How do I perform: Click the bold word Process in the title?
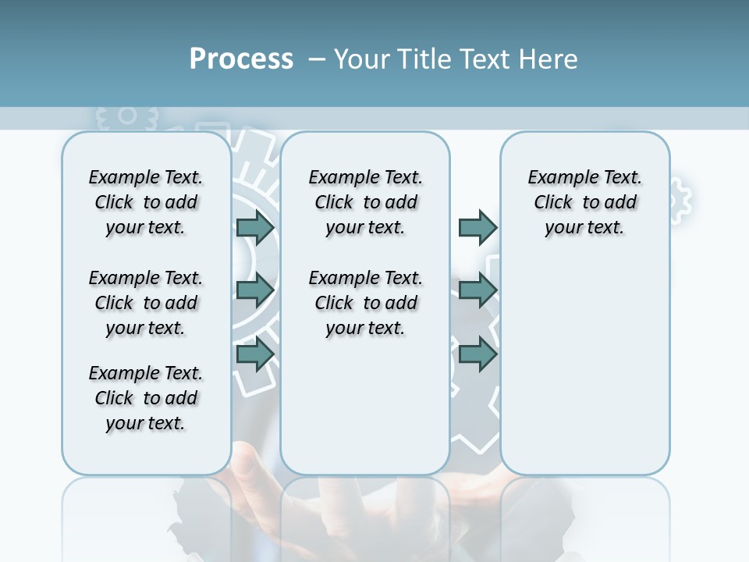coord(241,59)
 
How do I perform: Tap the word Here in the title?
coord(550,59)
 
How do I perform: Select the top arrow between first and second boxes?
coord(255,227)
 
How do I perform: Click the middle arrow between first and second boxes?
coord(255,290)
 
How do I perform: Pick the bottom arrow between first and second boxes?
coord(255,354)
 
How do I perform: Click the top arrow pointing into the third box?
coord(477,227)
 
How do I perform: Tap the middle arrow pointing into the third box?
coord(477,290)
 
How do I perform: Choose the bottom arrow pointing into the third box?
coord(477,354)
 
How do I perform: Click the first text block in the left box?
coord(146,202)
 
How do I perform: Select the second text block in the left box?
coord(146,303)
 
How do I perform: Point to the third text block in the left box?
coord(146,398)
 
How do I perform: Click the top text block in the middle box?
coord(365,202)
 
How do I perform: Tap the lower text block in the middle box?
coord(365,303)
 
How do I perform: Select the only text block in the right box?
coord(584,202)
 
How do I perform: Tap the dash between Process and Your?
coord(318,59)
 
